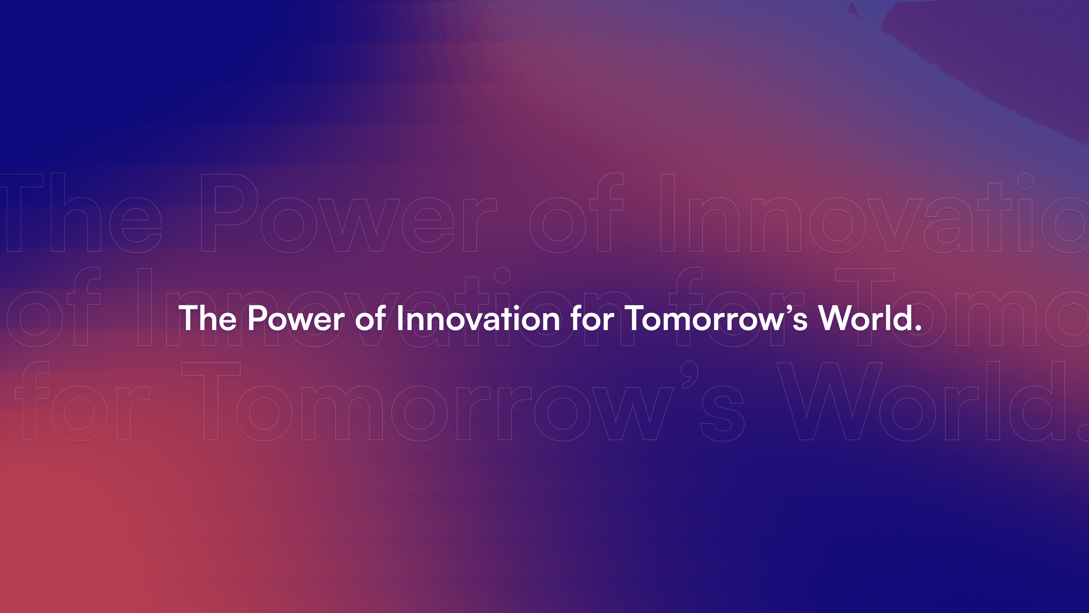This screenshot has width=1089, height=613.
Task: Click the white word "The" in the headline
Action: click(207, 318)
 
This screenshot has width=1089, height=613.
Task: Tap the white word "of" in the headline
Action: click(369, 318)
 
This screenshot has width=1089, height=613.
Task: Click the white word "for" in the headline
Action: click(592, 318)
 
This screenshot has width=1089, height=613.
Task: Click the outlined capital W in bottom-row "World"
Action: click(831, 402)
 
